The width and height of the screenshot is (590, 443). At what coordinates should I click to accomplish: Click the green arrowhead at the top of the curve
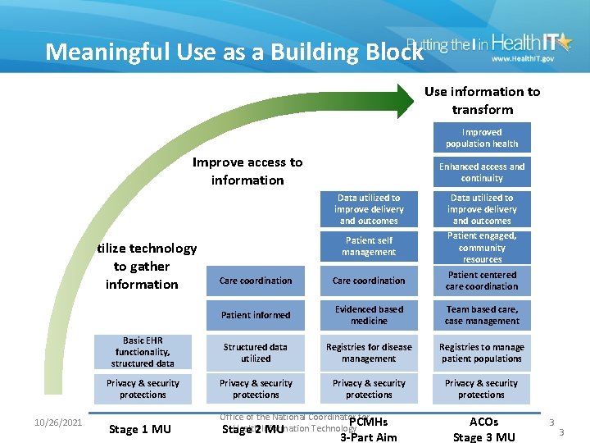pos(403,100)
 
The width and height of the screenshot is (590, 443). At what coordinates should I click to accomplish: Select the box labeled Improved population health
pos(482,138)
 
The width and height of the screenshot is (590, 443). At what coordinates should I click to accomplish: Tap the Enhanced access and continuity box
pos(482,172)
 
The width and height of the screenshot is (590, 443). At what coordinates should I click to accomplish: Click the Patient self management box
pos(369,246)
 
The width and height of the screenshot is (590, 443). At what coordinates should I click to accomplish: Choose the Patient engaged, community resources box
pos(482,247)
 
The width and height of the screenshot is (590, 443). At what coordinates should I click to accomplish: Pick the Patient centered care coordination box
pos(482,281)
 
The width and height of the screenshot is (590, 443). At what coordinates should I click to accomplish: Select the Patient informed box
pos(256,315)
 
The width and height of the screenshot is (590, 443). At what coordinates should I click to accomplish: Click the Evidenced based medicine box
pos(369,315)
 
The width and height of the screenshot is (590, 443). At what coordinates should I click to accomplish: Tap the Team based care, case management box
pos(482,315)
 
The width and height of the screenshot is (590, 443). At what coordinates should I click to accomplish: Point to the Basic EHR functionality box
pos(143,352)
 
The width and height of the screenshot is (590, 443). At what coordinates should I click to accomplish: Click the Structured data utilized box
pos(256,353)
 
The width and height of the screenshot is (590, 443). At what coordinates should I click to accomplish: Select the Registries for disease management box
pos(369,353)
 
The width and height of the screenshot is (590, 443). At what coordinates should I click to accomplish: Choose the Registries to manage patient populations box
pos(482,353)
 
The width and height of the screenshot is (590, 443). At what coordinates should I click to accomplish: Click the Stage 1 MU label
pos(139,429)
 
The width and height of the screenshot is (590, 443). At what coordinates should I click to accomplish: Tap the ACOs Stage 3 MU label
pos(483,429)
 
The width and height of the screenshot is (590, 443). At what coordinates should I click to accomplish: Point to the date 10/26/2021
pos(58,422)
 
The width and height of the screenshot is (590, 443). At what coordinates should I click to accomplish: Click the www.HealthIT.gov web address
pos(523,59)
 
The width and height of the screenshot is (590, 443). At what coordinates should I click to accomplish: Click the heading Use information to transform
pos(482,101)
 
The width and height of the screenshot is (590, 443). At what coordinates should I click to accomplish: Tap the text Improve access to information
pos(247,171)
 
